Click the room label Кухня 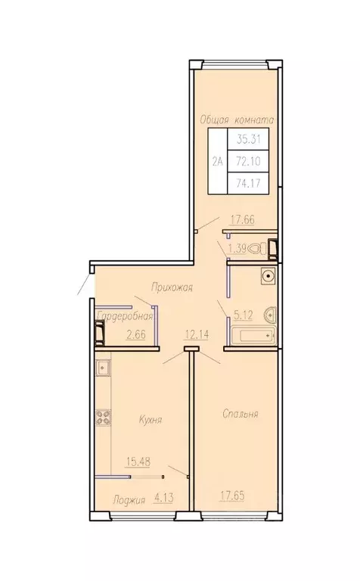151,420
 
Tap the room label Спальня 241,414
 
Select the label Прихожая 172,287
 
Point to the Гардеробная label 126,316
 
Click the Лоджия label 129,500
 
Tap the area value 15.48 138,461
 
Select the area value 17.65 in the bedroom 232,496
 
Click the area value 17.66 243,219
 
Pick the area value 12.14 197,335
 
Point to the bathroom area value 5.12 243,315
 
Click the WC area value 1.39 237,249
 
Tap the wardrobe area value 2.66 136,334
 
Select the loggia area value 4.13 163,499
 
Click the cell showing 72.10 249,161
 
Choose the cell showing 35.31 249,139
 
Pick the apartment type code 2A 217,161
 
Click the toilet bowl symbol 259,248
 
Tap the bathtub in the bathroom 252,336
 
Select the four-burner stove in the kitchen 104,417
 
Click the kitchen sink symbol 103,368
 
